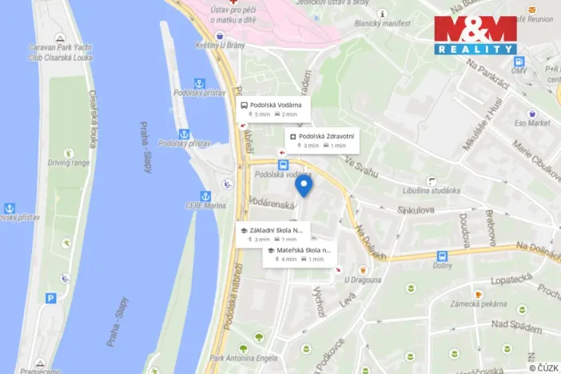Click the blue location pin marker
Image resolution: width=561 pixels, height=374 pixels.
(x=303, y=185)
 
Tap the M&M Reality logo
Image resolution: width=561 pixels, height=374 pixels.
(x=475, y=34)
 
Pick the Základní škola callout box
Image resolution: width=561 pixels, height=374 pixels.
(x=273, y=233)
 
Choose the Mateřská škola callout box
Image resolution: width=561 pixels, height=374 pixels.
(x=299, y=254)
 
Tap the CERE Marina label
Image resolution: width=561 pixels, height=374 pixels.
(x=205, y=205)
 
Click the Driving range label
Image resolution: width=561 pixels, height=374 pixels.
(x=69, y=162)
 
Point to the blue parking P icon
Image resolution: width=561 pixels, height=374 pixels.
(x=50, y=298)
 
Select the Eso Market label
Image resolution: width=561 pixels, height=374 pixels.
(x=532, y=123)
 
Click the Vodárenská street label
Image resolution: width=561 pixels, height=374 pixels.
(x=272, y=203)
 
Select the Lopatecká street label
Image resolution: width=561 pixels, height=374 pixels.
(x=511, y=279)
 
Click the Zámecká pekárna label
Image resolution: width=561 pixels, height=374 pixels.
(x=477, y=304)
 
